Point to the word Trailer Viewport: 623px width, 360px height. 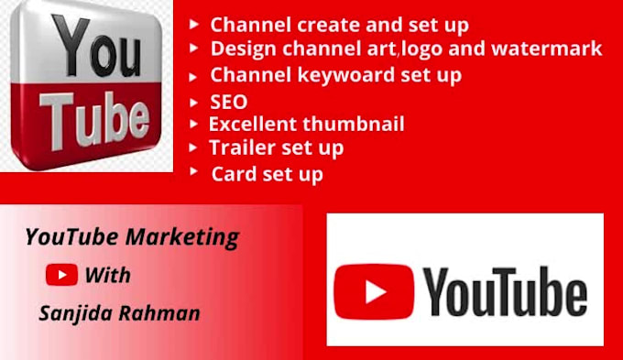pos(241,147)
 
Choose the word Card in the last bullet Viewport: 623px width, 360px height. pos(231,173)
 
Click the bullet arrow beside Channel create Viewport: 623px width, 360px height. pos(194,23)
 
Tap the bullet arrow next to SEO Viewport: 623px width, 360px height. pos(194,101)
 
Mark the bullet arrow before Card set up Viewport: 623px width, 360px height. pos(194,170)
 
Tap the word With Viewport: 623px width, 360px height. pos(108,275)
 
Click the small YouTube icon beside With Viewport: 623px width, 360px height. pos(61,274)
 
